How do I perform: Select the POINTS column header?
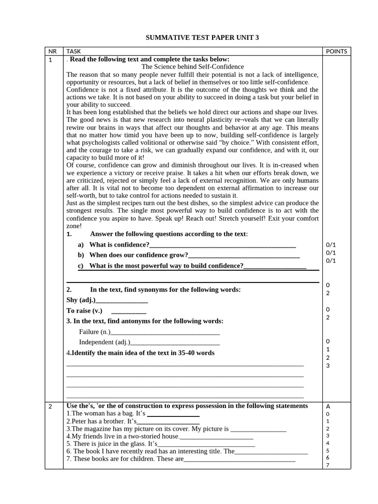337,51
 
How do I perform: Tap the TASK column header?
73,51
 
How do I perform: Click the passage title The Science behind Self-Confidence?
192,67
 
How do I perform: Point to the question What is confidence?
119,245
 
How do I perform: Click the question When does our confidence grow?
139,255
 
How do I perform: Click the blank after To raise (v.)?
129,311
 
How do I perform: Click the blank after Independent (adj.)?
175,343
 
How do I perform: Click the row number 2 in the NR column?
51,407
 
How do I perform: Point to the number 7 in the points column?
328,465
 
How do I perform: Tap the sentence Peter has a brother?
101,422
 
